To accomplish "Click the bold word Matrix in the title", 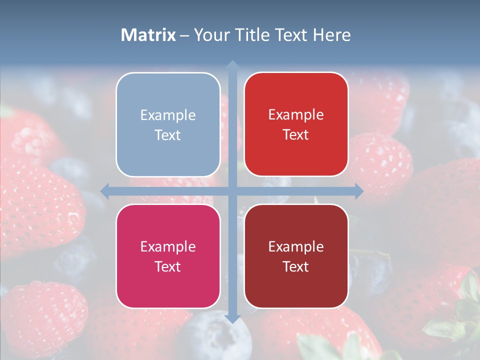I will pos(148,35).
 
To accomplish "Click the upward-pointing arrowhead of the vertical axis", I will pos(232,64).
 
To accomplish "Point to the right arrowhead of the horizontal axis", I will pos(358,191).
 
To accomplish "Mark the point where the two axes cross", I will pos(232,191).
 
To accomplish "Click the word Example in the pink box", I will pos(168,246).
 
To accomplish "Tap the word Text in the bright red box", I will pos(296,135).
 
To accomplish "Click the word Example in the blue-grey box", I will pos(168,115).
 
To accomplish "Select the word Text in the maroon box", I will pos(296,266).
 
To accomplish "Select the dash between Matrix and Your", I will pos(184,35).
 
